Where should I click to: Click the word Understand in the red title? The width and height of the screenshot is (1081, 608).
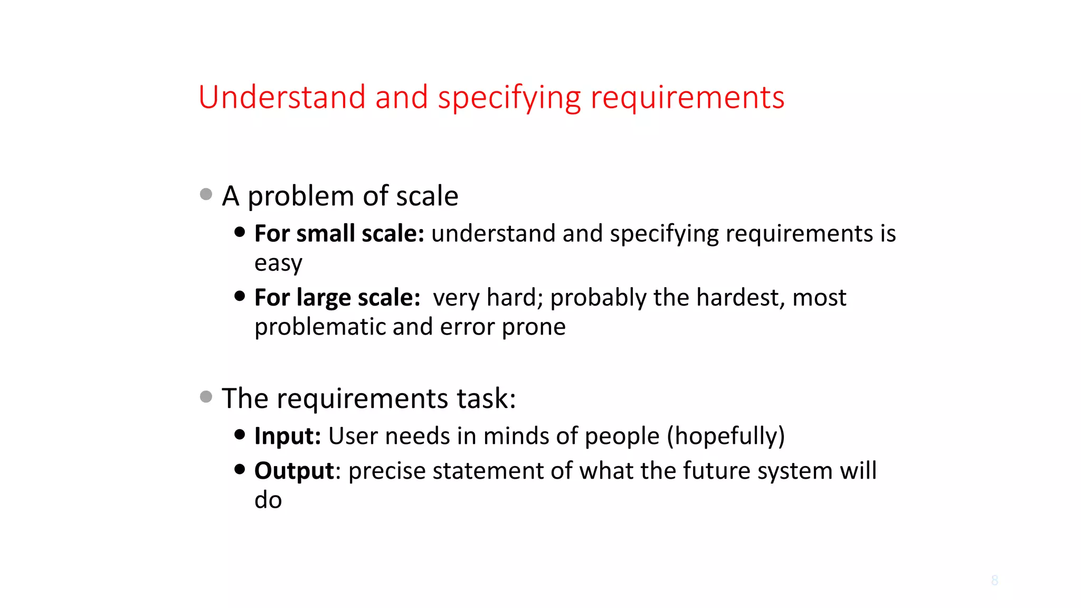pos(282,98)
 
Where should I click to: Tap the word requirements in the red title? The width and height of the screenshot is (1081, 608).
pos(687,99)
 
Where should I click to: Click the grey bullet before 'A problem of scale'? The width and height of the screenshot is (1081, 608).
pos(206,195)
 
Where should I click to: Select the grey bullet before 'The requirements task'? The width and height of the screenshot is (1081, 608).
pos(206,396)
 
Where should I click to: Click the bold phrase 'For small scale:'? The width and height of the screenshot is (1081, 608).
pos(339,234)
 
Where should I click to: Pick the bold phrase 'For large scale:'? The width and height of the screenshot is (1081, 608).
pos(337,298)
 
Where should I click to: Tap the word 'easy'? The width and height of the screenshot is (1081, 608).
pos(278,263)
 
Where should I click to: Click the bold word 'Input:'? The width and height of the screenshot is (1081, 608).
pos(288,436)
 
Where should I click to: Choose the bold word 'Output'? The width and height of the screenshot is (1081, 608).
pos(294,471)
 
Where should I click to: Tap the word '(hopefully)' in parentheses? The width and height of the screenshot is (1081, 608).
pos(726,436)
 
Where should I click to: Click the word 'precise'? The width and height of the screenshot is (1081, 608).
pos(387,471)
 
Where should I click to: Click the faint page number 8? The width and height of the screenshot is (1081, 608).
pos(994,581)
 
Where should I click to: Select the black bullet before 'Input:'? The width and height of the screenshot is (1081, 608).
pos(240,434)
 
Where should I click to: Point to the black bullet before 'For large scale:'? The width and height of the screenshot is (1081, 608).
pos(240,296)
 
